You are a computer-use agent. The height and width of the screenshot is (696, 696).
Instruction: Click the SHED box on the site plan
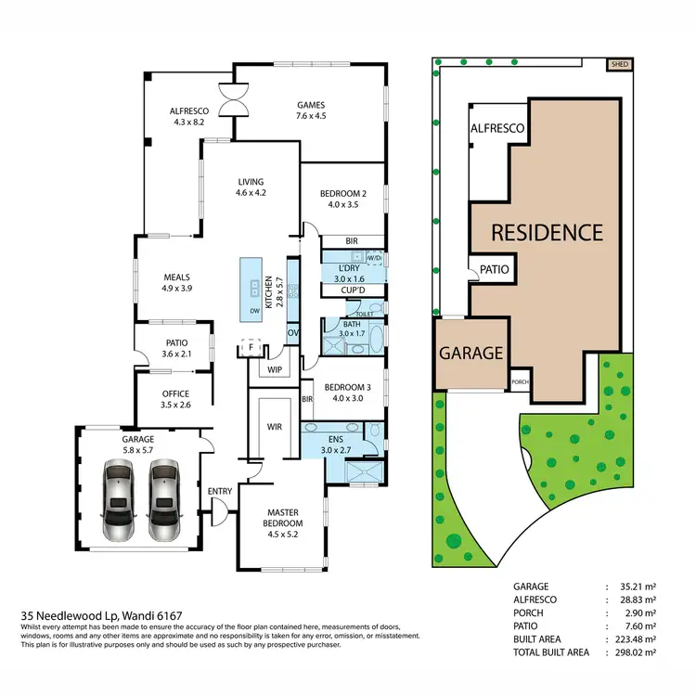tap(618, 65)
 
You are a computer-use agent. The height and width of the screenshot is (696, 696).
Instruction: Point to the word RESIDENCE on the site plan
tap(547, 232)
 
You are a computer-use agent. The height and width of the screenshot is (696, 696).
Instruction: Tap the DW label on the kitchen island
tap(254, 312)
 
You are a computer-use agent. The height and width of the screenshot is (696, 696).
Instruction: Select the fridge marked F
tap(249, 347)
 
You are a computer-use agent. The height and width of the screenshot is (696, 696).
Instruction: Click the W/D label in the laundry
tap(374, 257)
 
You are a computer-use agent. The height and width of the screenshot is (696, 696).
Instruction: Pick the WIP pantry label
tap(274, 369)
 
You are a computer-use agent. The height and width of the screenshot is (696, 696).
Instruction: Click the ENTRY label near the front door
tap(220, 491)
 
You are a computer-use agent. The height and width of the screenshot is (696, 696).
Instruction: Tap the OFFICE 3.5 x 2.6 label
tap(175, 399)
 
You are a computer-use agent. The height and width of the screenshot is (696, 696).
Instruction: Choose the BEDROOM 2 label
tap(343, 199)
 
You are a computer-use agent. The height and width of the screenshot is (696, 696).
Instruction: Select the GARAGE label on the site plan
tap(471, 353)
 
